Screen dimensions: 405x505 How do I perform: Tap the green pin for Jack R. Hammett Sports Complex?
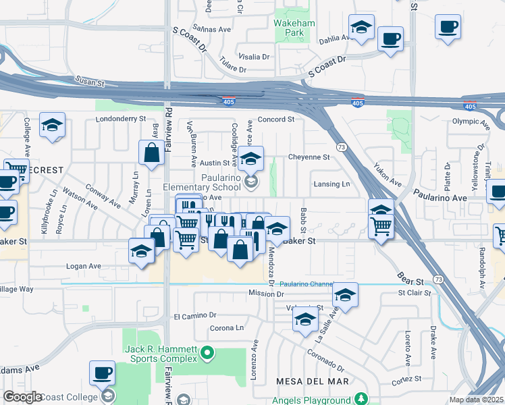pos(208,352)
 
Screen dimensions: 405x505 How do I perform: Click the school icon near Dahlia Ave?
pos(362,28)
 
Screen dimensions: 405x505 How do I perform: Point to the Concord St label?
pos(277,119)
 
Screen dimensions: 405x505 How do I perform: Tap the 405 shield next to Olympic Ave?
pos(470,107)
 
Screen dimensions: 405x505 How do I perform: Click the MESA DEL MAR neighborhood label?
pos(313,381)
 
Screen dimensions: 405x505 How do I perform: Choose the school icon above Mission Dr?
pos(345,294)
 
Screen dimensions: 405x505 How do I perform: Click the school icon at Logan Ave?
pos(141,250)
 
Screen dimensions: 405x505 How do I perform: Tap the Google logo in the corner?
pos(22,397)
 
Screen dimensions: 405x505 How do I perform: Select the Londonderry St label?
pos(122,118)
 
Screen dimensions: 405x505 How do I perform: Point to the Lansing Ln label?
pos(331,184)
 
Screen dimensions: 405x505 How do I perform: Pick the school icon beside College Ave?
pos(52,125)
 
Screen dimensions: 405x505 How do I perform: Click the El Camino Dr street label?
pos(194,315)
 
